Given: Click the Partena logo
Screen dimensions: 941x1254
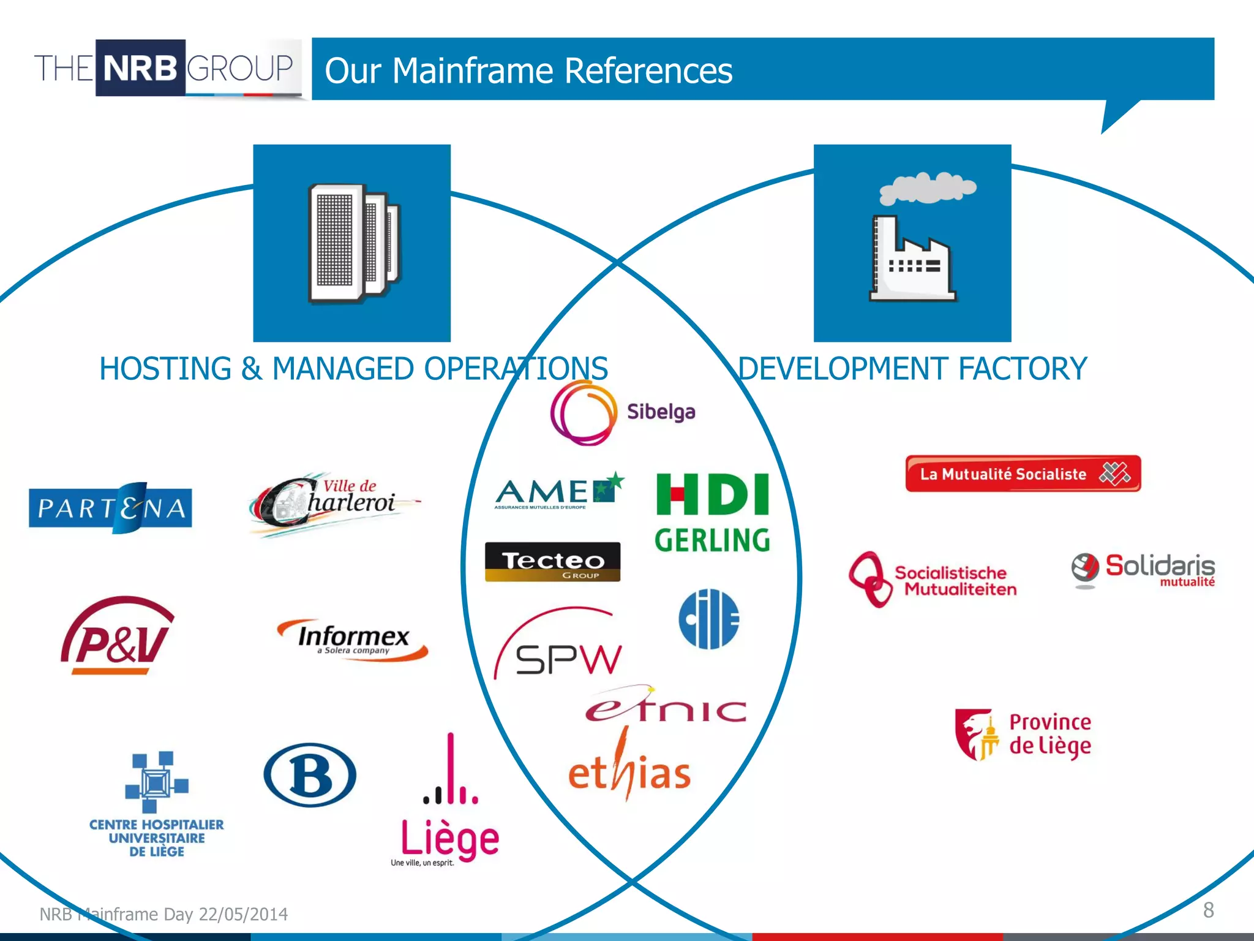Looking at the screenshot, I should (110, 508).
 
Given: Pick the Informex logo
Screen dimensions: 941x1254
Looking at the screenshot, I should (353, 640).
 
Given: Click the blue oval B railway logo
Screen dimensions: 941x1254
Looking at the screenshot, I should (310, 775).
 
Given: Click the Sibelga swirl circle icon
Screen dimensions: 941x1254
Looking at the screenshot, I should (582, 412).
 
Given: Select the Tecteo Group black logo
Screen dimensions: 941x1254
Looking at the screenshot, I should (552, 561).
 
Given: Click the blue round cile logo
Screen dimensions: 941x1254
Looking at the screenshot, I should (709, 619).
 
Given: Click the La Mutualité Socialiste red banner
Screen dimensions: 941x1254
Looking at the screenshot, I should (1023, 474).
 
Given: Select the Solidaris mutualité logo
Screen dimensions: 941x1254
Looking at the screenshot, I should (1143, 570).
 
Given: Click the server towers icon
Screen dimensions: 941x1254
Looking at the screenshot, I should (353, 243).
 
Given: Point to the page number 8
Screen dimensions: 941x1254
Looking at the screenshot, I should (1208, 910).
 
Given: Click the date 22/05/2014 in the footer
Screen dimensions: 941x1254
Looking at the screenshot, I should (243, 914).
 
